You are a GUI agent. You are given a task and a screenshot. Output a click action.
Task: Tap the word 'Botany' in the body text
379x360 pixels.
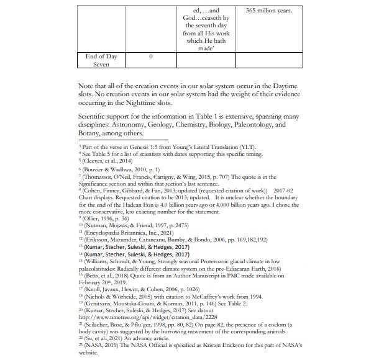(x=94, y=132)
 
